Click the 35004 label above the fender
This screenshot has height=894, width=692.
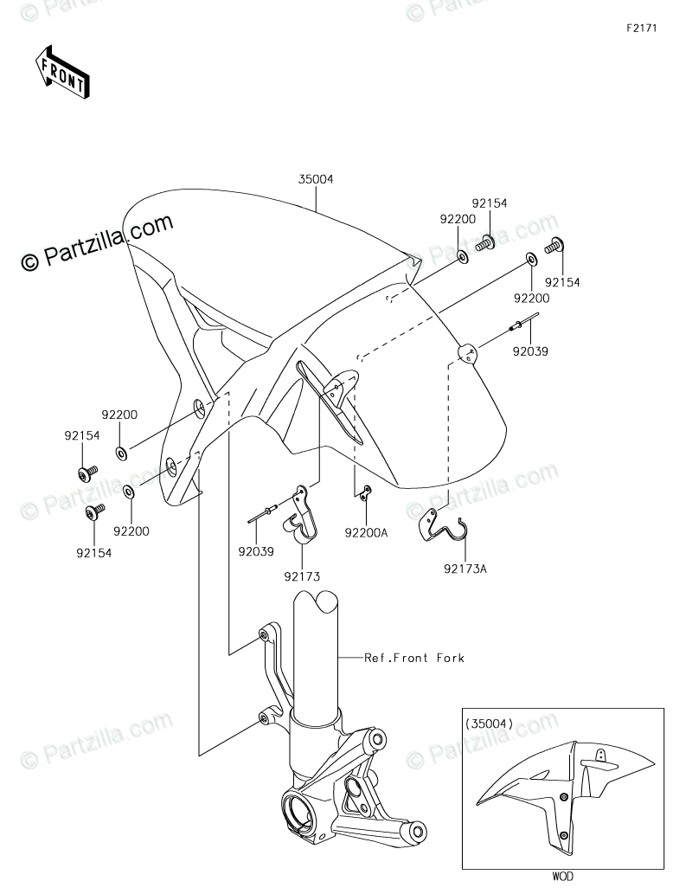pos(316,180)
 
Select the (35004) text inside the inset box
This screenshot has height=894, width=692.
pos(489,723)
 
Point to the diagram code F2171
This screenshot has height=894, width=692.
pos(642,29)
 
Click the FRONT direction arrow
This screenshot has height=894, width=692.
pos(61,72)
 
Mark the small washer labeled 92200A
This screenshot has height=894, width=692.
pos(366,493)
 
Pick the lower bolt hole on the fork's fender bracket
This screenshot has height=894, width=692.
pos(262,717)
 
